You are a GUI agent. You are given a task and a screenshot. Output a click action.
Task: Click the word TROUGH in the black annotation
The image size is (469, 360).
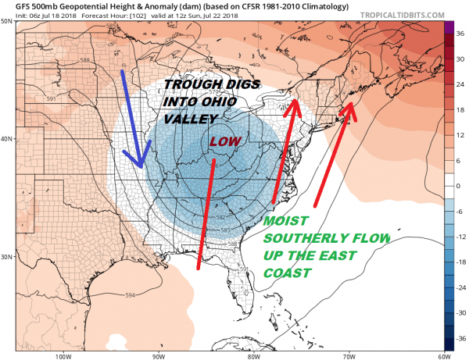coord(191,86)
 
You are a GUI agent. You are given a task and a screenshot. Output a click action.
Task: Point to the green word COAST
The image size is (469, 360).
coord(288,274)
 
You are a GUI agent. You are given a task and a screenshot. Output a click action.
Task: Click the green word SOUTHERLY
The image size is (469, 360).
coord(301,239)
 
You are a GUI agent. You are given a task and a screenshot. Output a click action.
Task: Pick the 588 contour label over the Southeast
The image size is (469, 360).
coord(231,244)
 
